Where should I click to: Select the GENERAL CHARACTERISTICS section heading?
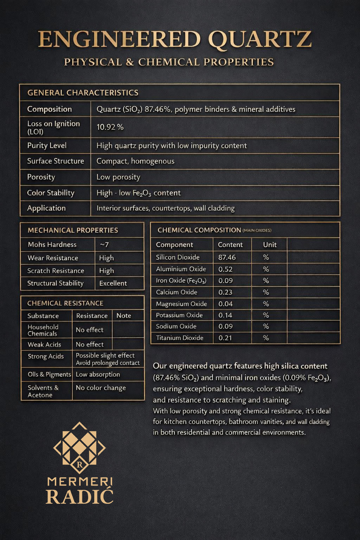point(83,93)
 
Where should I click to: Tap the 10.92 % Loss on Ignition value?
point(110,127)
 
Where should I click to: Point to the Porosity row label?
point(41,177)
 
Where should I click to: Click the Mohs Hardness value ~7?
point(104,245)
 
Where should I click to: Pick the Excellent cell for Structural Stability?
point(113,283)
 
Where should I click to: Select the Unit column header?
point(270,245)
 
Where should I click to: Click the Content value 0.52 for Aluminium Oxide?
point(225,269)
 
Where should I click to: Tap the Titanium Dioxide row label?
point(180,338)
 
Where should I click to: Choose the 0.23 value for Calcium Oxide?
point(225,292)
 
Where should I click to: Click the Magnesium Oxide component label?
point(181,304)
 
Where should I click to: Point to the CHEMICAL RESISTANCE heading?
point(65,303)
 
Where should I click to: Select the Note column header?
point(124,316)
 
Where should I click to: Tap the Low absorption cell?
point(98,374)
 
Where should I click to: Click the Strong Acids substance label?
point(46,356)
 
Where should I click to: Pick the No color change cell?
point(101,388)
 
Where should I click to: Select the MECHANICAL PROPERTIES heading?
point(73,230)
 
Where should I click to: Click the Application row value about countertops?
point(166,208)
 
